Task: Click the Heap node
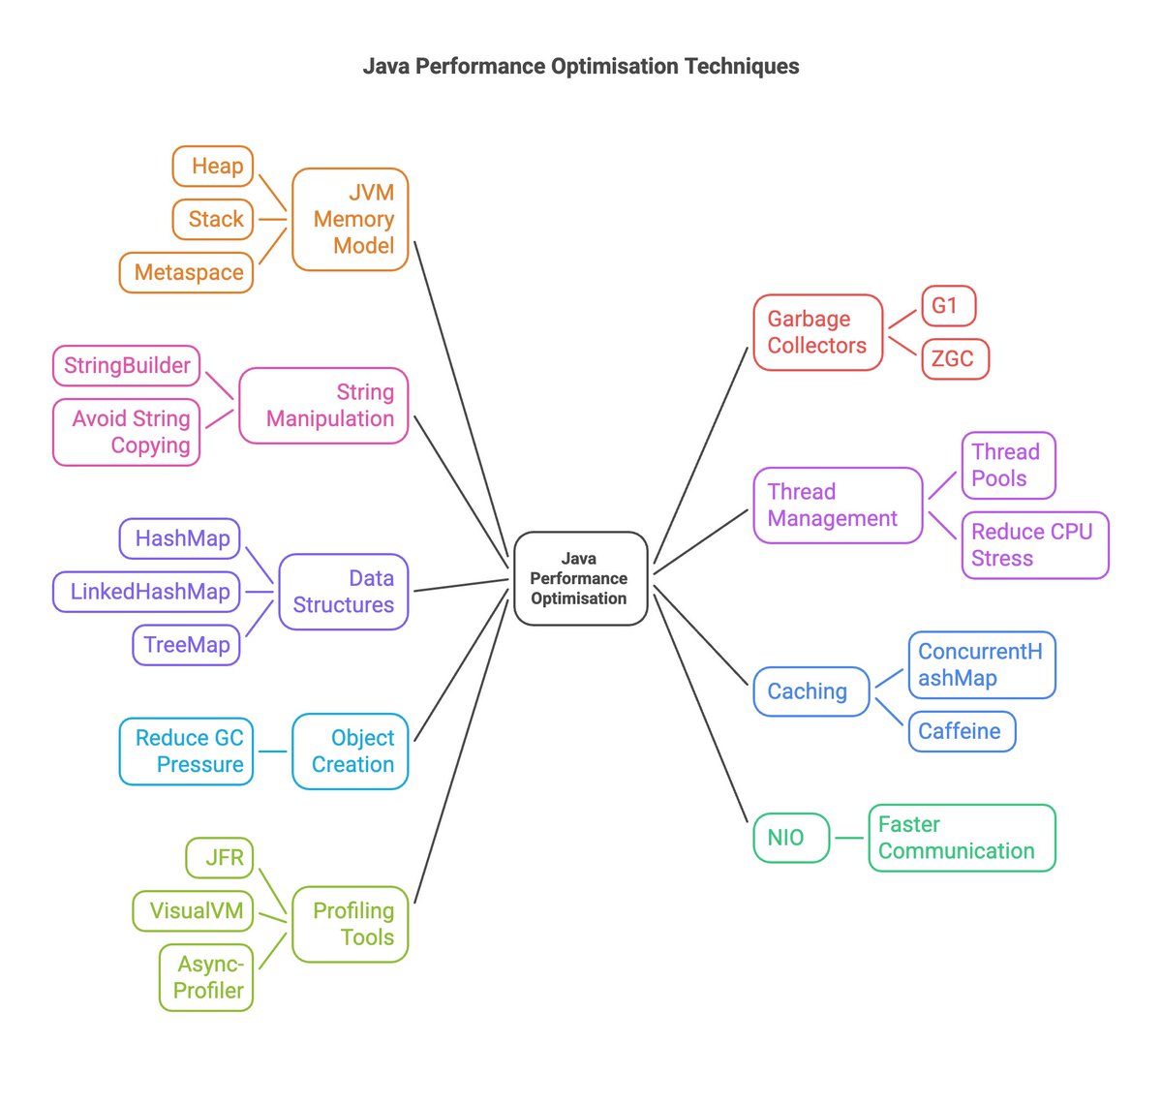(213, 167)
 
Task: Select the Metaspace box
(187, 273)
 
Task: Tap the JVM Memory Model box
(351, 220)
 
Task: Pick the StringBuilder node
(126, 366)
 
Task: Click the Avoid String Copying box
(127, 432)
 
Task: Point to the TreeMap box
(186, 645)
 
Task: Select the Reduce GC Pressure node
(187, 751)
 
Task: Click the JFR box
(221, 858)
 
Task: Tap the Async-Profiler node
(206, 977)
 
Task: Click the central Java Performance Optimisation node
(579, 578)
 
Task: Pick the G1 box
(948, 306)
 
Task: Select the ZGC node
(955, 359)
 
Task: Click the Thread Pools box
(1008, 466)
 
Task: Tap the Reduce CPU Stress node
(1034, 545)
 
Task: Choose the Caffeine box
(962, 731)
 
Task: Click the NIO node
(791, 838)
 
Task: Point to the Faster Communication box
(962, 838)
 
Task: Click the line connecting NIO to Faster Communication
(849, 838)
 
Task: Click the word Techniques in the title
(742, 67)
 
